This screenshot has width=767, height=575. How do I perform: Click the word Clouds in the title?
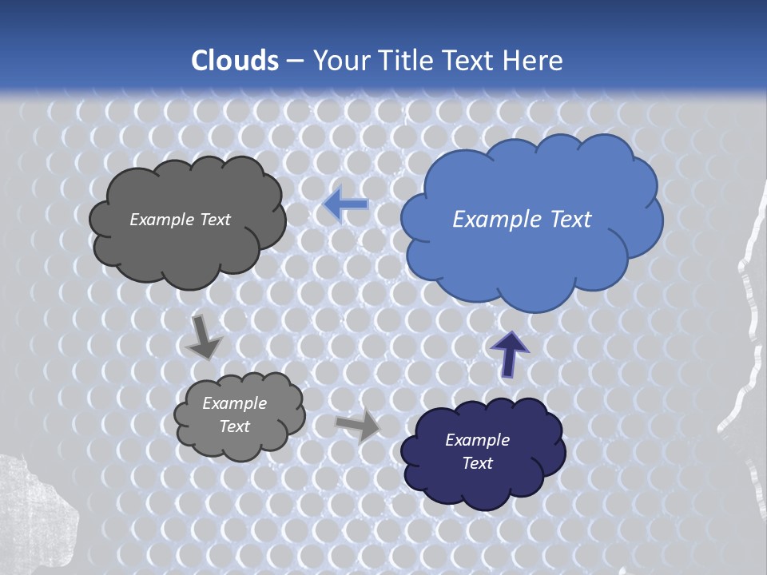235,61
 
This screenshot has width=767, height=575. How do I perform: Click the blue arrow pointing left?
346,205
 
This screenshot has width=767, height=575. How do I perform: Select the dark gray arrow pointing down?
204,337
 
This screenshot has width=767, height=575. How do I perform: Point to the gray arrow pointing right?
358,426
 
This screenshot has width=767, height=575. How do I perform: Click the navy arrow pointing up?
509,352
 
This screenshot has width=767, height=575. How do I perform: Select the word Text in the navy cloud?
477,463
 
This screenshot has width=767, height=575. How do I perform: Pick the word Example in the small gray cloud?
235,403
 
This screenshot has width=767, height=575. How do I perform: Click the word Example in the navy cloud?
477,440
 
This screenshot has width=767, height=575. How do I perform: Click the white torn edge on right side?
747,335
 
